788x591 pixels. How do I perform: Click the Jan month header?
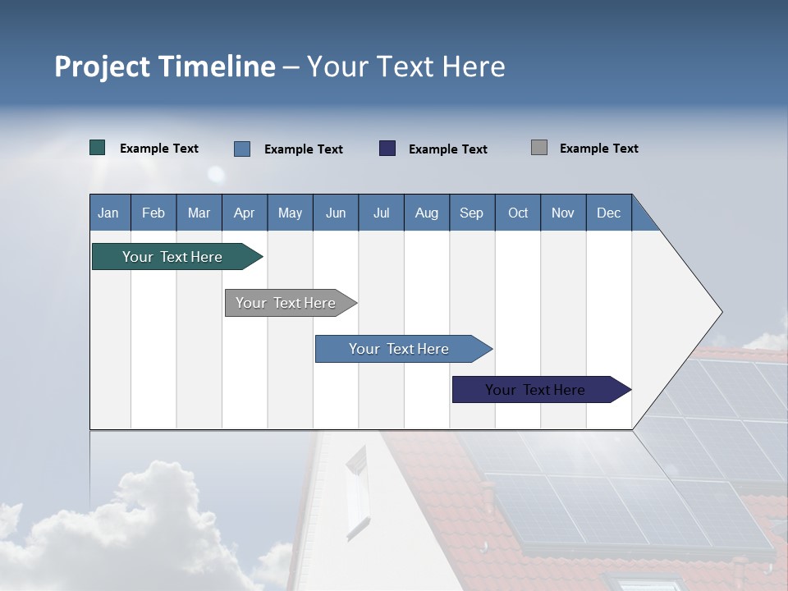click(108, 213)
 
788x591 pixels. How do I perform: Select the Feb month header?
click(153, 213)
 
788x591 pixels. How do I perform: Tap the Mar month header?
click(199, 213)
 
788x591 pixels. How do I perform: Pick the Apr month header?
click(245, 213)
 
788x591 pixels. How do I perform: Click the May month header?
click(290, 213)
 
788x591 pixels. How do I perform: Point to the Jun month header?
click(336, 213)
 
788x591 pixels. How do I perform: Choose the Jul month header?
click(381, 213)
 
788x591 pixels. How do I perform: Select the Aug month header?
click(427, 213)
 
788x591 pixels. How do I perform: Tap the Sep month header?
click(472, 213)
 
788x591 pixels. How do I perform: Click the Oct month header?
click(518, 213)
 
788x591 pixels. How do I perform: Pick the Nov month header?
click(563, 213)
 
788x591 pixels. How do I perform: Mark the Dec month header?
click(609, 213)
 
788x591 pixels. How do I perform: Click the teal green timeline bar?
click(173, 257)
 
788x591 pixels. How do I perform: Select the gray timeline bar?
click(286, 303)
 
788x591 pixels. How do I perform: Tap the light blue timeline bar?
click(400, 349)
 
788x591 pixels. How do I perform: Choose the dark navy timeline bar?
click(536, 390)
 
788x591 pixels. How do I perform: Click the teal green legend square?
click(98, 148)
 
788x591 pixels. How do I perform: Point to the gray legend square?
click(539, 148)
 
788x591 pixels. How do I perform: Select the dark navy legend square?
click(387, 149)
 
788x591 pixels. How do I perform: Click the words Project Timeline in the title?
click(165, 66)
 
